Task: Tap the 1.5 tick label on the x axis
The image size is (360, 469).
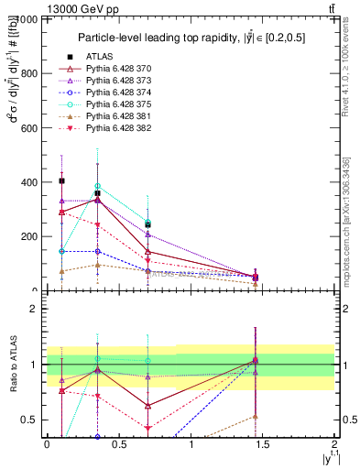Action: (263, 444)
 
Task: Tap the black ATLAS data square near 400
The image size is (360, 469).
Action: (61, 181)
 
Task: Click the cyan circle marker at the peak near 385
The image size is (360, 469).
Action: (97, 186)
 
